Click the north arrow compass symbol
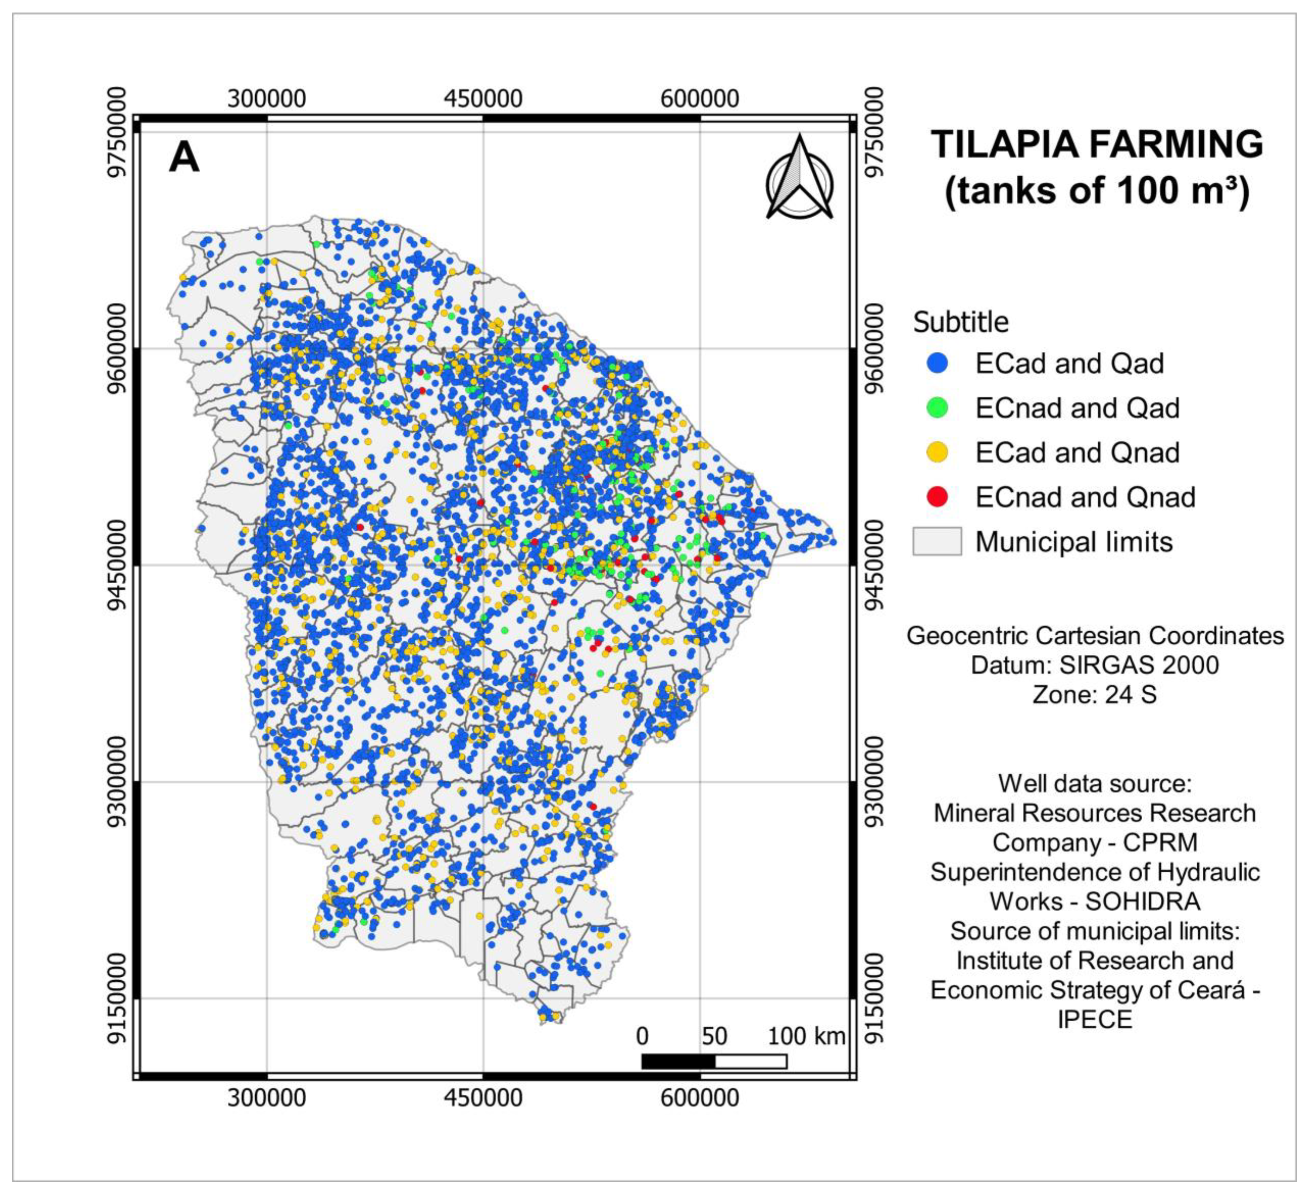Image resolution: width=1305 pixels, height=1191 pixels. click(x=800, y=178)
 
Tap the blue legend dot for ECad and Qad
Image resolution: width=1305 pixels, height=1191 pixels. click(x=937, y=364)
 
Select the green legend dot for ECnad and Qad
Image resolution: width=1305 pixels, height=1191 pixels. click(x=937, y=408)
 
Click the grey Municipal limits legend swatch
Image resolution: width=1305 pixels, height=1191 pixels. click(x=937, y=541)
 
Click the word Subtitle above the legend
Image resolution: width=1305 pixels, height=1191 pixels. click(x=961, y=322)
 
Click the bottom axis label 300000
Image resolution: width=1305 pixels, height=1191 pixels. click(x=266, y=1098)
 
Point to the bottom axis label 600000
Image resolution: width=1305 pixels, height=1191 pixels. click(x=700, y=1098)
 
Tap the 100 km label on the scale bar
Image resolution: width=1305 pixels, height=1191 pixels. click(x=806, y=1036)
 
